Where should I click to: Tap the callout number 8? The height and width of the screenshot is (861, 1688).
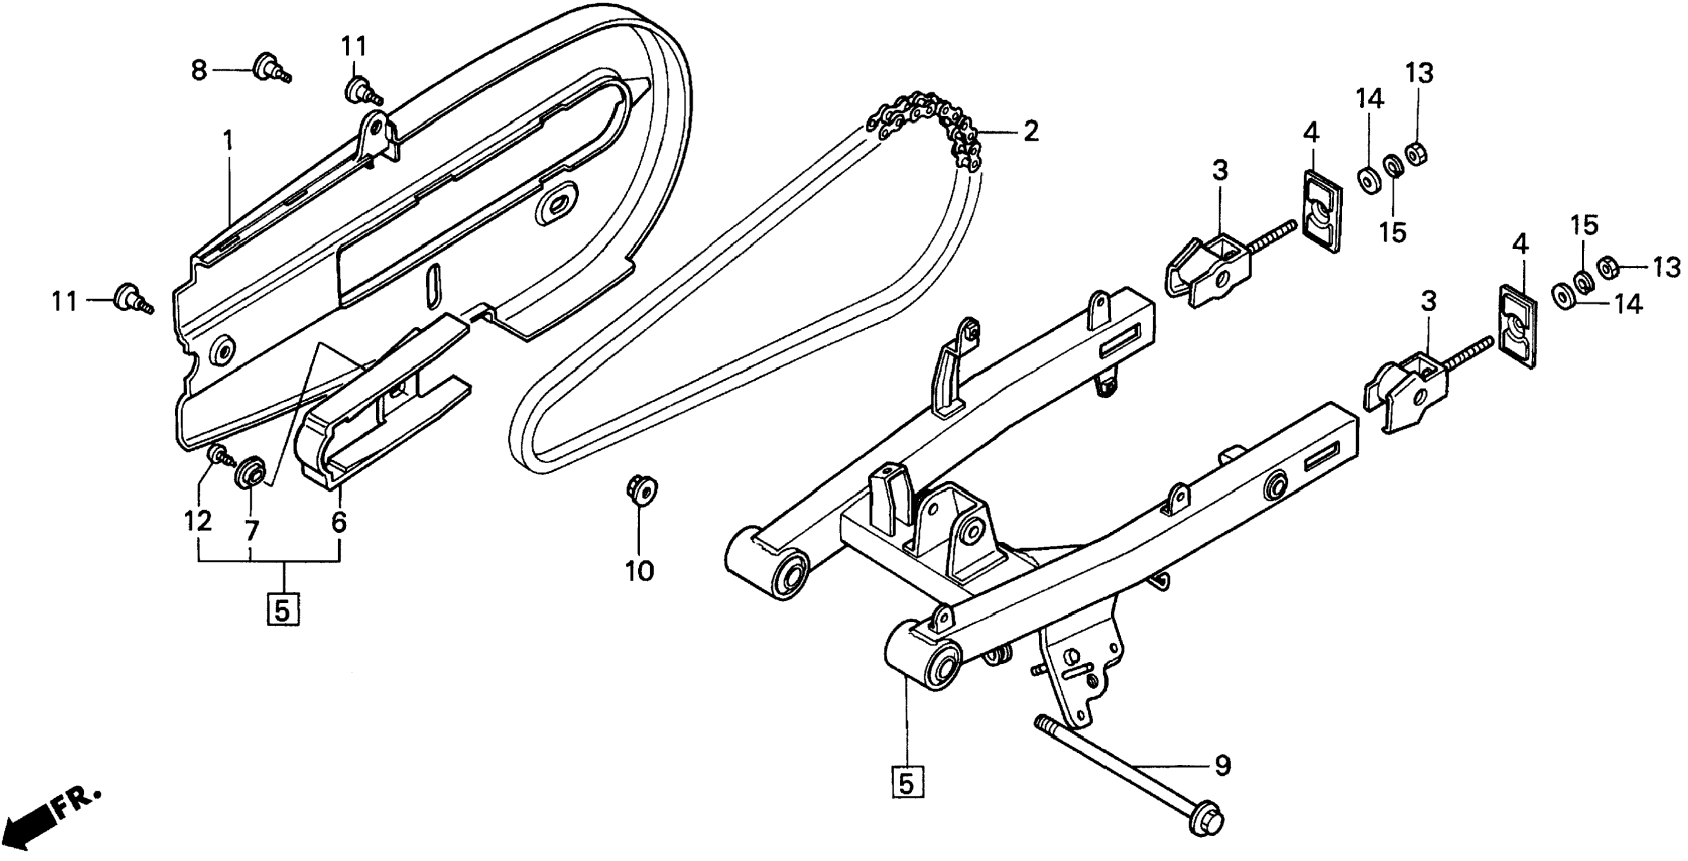(199, 70)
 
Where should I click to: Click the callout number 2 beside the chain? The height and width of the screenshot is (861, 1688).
(1030, 132)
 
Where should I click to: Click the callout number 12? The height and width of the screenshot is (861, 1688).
(198, 521)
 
